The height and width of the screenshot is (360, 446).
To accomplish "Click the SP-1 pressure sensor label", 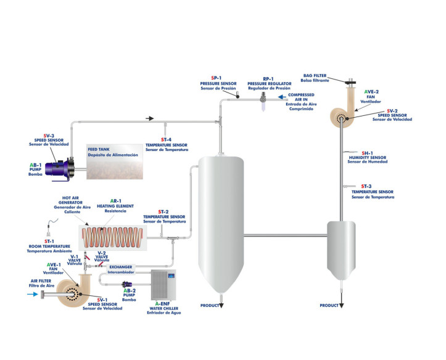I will pos(218,83).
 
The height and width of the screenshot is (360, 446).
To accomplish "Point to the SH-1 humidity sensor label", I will pos(368,157).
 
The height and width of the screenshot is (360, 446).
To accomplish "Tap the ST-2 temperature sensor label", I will pos(163,216).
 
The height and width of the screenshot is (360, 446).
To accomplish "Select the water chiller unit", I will pos(163,284).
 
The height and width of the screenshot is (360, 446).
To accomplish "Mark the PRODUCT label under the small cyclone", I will pos(329,306).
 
